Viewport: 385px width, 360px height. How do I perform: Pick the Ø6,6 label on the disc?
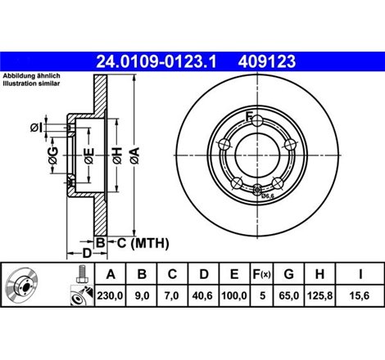click(267, 196)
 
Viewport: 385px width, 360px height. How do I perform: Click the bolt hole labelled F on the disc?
click(258, 121)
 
